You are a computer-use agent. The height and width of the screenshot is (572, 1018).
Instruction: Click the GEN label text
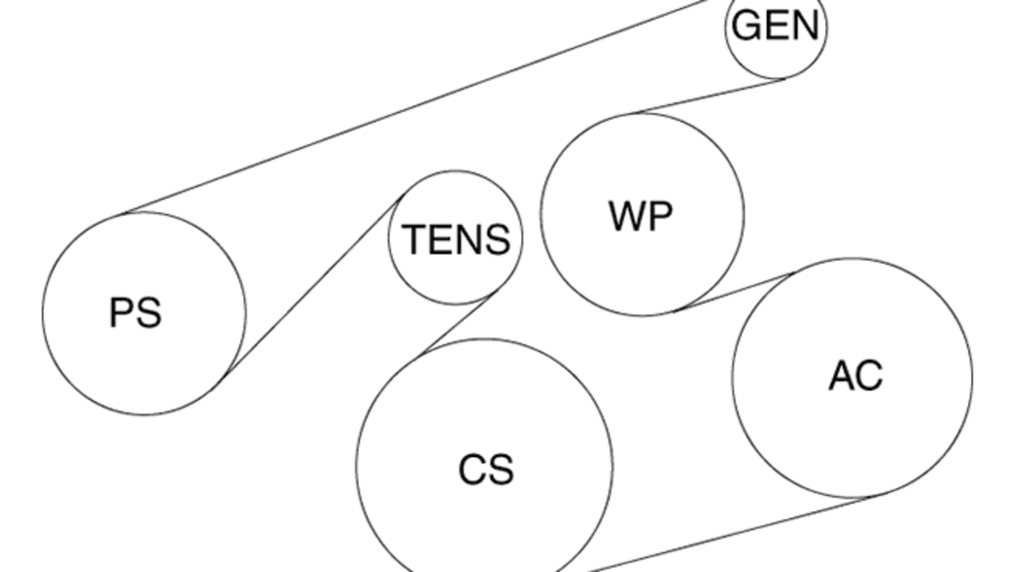pyautogui.click(x=775, y=26)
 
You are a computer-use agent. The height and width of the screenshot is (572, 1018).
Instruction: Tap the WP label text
pyautogui.click(x=640, y=216)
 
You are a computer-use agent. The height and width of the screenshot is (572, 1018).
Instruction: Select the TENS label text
pyautogui.click(x=456, y=239)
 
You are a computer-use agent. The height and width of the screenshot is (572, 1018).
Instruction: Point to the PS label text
pyautogui.click(x=135, y=313)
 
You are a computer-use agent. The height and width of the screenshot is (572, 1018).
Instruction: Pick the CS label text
pyautogui.click(x=485, y=469)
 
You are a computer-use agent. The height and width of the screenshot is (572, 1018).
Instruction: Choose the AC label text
pyautogui.click(x=855, y=375)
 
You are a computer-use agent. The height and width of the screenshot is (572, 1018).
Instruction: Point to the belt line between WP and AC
pyautogui.click(x=735, y=292)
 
